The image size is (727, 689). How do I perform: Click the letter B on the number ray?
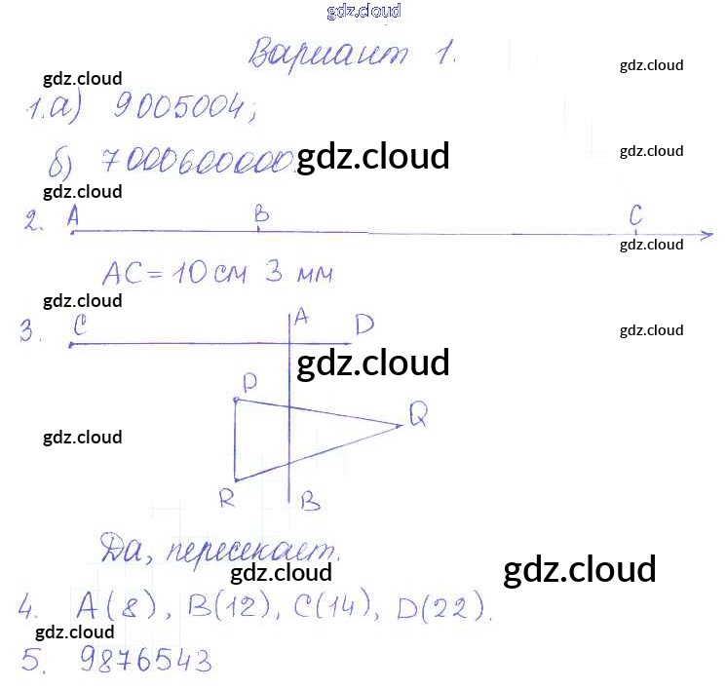pyautogui.click(x=260, y=213)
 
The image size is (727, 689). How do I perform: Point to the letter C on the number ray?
pyautogui.click(x=636, y=213)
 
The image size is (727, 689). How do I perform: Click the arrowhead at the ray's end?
pyautogui.click(x=706, y=235)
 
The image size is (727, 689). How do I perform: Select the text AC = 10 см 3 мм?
pyautogui.click(x=217, y=273)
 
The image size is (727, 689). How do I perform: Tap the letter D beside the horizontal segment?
pyautogui.click(x=363, y=325)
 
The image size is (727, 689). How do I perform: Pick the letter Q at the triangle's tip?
pyautogui.click(x=419, y=416)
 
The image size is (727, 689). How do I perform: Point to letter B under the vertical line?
pyautogui.click(x=310, y=502)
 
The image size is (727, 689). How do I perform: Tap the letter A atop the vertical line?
pyautogui.click(x=301, y=316)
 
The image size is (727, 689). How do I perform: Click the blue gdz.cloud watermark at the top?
pyautogui.click(x=363, y=12)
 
